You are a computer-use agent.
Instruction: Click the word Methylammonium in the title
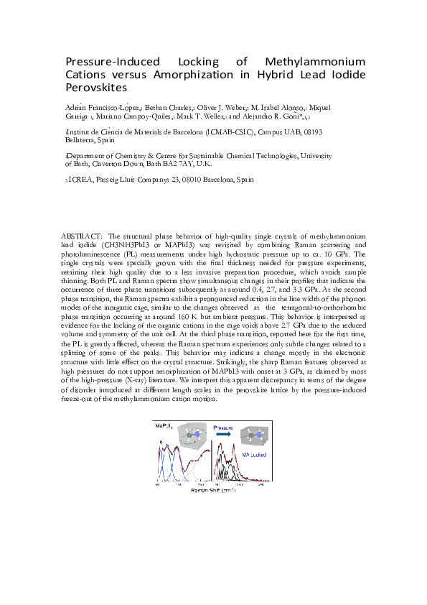(x=315, y=62)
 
